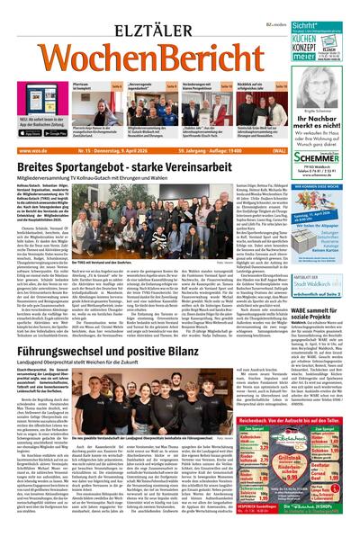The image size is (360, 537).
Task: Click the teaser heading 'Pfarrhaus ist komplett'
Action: (x=83, y=84)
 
